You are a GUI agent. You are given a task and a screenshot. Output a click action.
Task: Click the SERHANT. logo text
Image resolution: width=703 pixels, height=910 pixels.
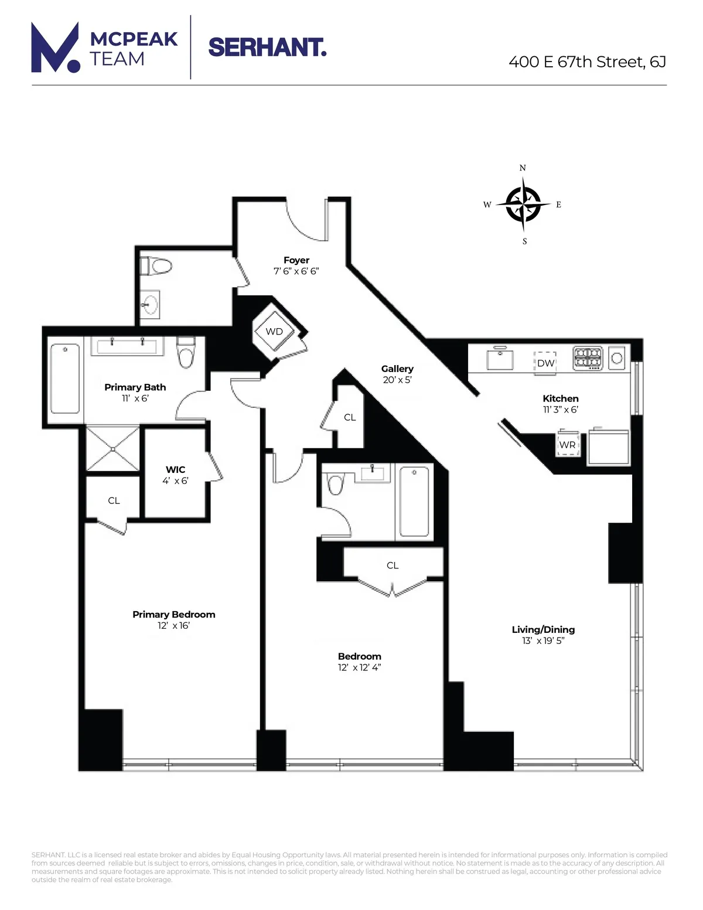[x=267, y=47]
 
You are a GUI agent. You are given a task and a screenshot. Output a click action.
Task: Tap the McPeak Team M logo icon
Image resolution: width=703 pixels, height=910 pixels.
[x=55, y=48]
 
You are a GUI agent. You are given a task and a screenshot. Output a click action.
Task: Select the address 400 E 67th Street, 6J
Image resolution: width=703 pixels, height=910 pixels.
[x=587, y=62]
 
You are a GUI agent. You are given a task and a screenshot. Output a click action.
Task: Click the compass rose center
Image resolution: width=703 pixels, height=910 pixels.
[x=523, y=205]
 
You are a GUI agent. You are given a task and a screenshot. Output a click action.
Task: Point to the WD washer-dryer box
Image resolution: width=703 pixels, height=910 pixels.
[x=274, y=332]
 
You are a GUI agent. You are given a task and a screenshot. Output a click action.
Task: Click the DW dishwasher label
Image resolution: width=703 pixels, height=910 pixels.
[x=545, y=363]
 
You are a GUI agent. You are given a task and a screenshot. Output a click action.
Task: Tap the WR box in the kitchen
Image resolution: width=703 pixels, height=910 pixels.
[x=567, y=445]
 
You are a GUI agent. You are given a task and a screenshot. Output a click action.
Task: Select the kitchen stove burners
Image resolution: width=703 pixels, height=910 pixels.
[x=588, y=357]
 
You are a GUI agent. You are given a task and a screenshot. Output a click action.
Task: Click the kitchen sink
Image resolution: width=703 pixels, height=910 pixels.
[x=500, y=359]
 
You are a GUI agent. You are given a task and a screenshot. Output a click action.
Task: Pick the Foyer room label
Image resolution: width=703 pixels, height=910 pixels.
[x=296, y=260]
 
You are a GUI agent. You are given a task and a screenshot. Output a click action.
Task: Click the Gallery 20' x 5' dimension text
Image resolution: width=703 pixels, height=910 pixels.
[x=397, y=380]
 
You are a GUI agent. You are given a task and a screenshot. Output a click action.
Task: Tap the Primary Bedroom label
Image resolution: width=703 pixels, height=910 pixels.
[x=174, y=614]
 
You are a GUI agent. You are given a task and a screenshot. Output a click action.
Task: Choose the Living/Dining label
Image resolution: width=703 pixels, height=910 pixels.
[x=543, y=629]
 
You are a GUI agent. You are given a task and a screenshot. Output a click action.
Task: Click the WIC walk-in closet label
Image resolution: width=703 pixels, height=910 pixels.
[x=175, y=469]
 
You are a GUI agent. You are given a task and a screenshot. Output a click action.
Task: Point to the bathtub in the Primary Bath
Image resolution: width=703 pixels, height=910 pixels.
[x=65, y=379]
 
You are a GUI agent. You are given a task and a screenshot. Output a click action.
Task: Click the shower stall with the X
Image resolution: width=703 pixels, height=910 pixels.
[x=113, y=449]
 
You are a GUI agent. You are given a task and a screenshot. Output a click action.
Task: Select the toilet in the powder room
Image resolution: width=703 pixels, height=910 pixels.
[x=157, y=267]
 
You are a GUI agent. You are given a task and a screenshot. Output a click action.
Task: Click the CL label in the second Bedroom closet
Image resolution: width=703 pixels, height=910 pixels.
[x=393, y=565]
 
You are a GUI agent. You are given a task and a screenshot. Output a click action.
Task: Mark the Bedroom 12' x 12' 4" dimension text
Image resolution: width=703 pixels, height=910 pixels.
[x=359, y=667]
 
